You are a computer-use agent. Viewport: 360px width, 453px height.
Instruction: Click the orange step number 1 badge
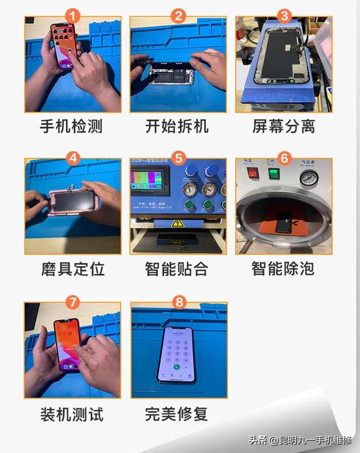[x=72, y=15]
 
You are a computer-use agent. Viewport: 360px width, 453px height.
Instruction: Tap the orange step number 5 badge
[x=178, y=158]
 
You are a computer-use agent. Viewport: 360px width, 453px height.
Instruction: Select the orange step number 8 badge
[x=178, y=302]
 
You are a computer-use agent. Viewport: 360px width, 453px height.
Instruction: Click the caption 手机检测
[x=72, y=126]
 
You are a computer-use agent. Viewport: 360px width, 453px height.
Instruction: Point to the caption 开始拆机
[x=178, y=126]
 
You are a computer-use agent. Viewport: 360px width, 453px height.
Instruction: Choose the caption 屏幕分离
[x=284, y=126]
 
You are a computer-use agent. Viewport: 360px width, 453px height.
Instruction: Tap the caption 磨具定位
[x=72, y=269]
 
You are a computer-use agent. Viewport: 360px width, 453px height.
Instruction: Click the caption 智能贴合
[x=177, y=269]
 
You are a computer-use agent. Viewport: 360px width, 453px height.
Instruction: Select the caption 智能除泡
[x=283, y=269]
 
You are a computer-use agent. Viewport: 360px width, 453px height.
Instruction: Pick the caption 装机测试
[x=72, y=414]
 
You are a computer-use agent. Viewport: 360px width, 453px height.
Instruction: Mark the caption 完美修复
[x=177, y=414]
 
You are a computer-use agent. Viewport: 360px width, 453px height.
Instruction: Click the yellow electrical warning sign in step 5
[x=178, y=223]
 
